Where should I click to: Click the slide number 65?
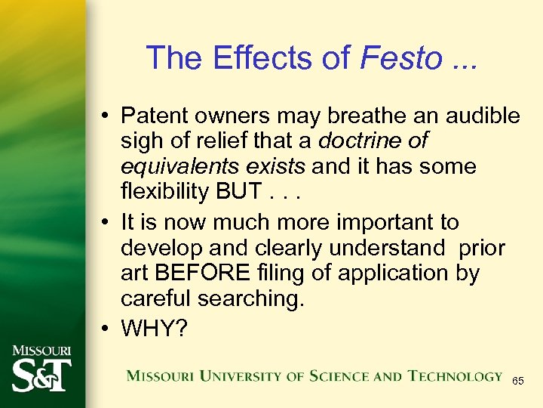click(518, 382)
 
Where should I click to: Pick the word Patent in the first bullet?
click(155, 116)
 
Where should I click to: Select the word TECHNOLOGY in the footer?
click(455, 376)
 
